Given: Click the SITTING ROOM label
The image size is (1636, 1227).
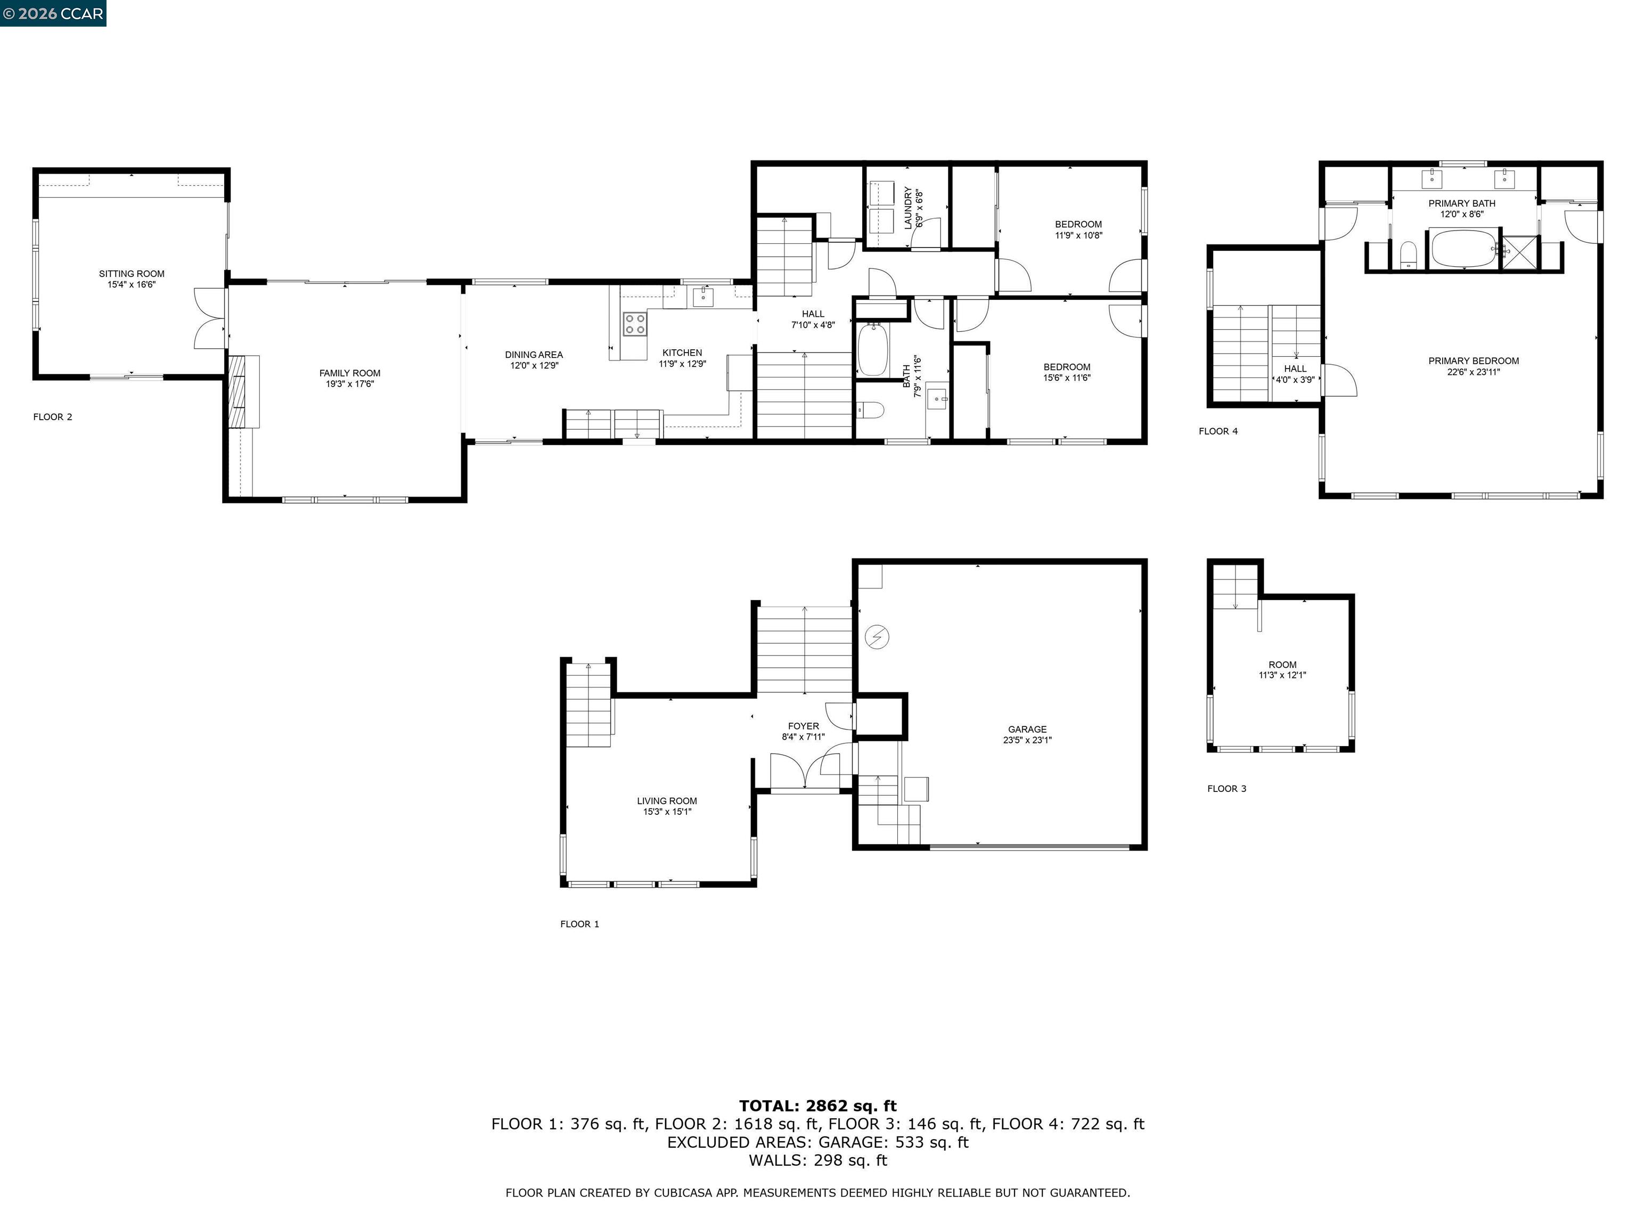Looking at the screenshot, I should pyautogui.click(x=132, y=274).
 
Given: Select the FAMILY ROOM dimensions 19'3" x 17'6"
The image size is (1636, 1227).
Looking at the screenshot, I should pyautogui.click(x=350, y=384).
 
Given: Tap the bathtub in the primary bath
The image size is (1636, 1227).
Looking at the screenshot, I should pyautogui.click(x=1463, y=249).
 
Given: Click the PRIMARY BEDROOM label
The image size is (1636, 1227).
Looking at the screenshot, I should pyautogui.click(x=1473, y=361).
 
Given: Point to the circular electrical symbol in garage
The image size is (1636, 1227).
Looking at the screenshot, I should pyautogui.click(x=877, y=637).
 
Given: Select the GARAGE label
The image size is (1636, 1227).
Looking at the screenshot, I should pyautogui.click(x=1027, y=729).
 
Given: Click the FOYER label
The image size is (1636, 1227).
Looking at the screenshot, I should pyautogui.click(x=803, y=726).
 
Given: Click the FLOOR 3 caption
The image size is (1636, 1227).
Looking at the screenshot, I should pyautogui.click(x=1226, y=788).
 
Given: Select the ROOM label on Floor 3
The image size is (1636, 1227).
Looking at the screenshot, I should pyautogui.click(x=1282, y=665).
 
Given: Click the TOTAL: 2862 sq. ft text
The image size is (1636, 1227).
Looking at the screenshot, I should pyautogui.click(x=817, y=1106).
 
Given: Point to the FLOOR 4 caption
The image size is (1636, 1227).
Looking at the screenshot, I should pyautogui.click(x=1217, y=431).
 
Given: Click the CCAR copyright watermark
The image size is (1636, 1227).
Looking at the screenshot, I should pyautogui.click(x=53, y=13).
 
